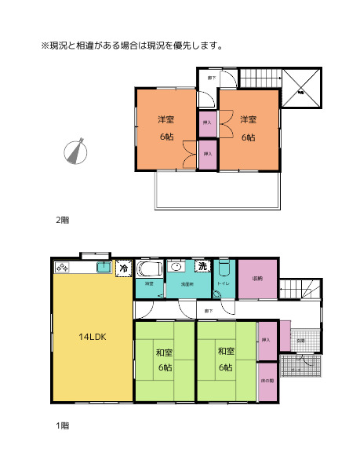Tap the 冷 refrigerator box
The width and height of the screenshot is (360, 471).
tap(124, 268)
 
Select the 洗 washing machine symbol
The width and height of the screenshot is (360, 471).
tap(202, 267)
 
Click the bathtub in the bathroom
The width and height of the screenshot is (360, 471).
tap(149, 270)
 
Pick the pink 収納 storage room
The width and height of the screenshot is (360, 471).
tap(257, 279)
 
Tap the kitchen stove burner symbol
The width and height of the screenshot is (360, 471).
tap(64, 268)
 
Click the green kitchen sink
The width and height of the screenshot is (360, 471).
tap(103, 268)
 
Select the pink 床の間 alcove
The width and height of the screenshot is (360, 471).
tap(267, 382)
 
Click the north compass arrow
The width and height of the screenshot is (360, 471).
tap(75, 152)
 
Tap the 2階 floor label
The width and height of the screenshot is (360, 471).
tap(62, 221)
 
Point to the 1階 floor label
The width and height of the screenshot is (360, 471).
tap(62, 425)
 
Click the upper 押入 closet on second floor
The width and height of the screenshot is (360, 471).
tap(208, 122)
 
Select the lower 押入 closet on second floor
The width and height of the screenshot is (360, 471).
tap(208, 154)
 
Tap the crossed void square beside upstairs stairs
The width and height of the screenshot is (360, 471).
tap(301, 89)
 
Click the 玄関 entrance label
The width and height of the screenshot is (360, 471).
tap(301, 340)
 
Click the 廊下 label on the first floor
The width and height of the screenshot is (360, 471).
tap(208, 312)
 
